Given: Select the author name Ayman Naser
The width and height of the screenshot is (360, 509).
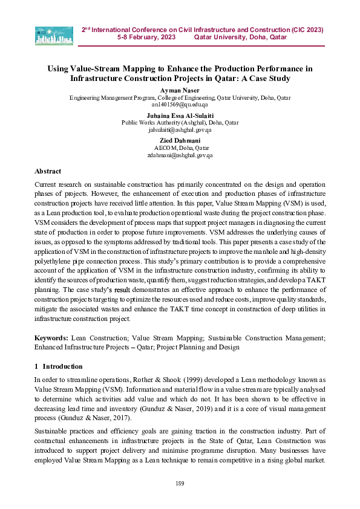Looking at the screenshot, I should (x=180, y=89).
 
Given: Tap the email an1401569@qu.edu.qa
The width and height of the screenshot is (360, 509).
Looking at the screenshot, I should (x=180, y=104).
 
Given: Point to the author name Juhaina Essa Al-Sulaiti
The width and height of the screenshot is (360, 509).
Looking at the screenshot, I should (x=180, y=115).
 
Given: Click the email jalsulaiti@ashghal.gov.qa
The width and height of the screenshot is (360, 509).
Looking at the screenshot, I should (x=180, y=129).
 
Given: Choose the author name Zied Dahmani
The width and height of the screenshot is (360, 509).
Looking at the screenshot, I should (x=180, y=140).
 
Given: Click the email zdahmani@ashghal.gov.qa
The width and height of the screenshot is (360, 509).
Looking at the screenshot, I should (x=180, y=155).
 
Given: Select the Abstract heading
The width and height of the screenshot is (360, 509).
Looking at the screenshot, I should (x=48, y=171).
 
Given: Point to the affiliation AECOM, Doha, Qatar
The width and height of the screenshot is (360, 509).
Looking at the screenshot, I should (x=180, y=148).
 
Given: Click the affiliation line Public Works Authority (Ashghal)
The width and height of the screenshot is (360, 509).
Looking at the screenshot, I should (x=180, y=122).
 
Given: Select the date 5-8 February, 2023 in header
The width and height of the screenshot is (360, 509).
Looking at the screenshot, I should (x=146, y=37).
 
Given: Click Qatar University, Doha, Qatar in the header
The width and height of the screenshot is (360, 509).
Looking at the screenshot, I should (x=240, y=37).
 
